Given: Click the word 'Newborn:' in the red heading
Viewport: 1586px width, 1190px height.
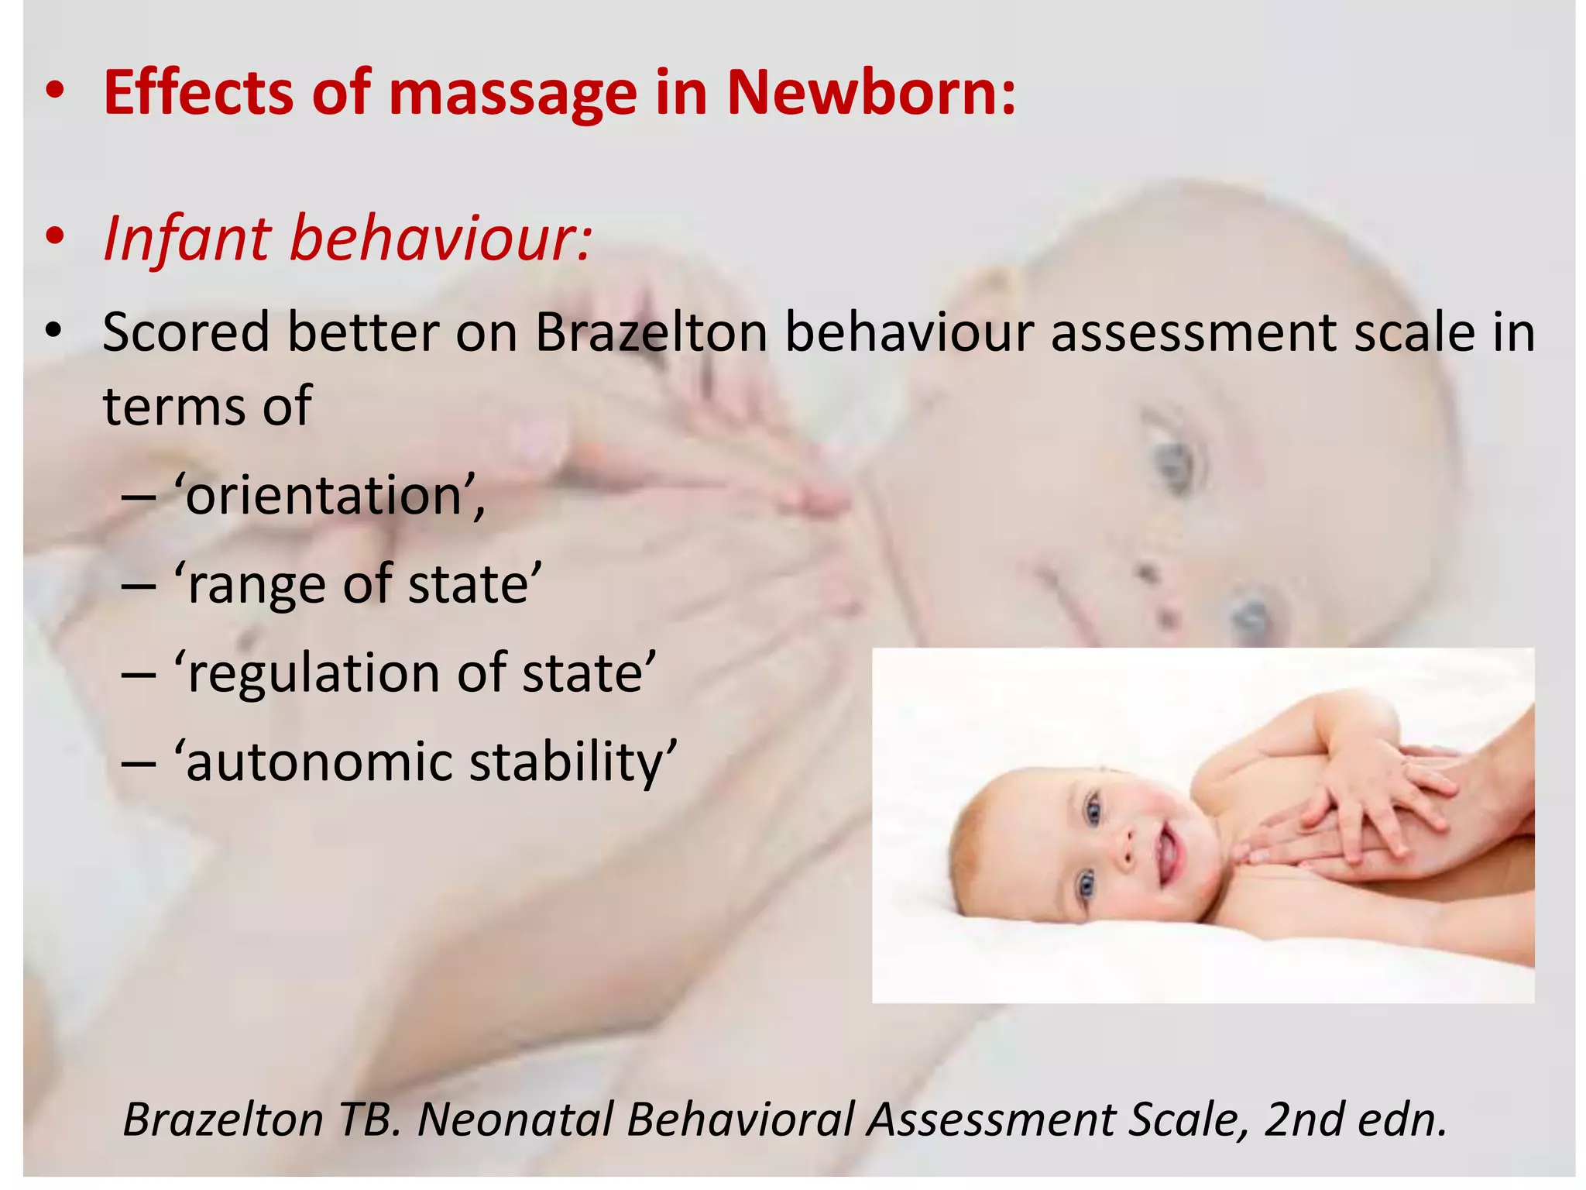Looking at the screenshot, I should (870, 93).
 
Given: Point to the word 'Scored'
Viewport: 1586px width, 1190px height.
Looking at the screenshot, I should (186, 333).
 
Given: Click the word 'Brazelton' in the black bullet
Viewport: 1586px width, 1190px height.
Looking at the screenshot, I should (651, 333).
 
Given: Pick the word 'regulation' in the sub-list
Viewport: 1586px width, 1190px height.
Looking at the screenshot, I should (314, 674).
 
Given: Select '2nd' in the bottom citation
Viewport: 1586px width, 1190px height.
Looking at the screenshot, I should (1300, 1119).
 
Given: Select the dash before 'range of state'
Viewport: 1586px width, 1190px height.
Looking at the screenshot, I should (139, 585).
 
